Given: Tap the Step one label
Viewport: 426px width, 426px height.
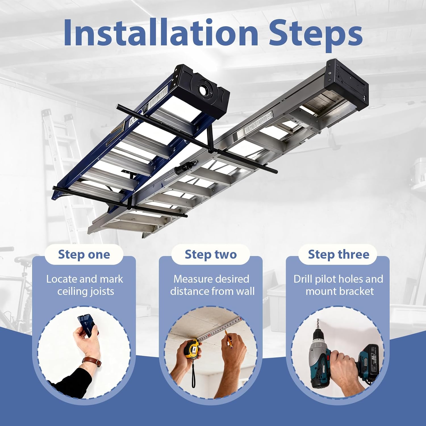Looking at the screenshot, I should [84, 254].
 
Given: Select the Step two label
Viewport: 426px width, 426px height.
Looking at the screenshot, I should [210, 254].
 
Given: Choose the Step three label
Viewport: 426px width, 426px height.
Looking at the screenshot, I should [338, 254].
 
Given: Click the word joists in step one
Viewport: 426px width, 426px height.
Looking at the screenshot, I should [101, 292].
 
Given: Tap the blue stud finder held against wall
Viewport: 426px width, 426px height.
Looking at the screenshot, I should [87, 326].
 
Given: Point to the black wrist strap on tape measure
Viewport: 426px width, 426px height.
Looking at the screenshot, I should [193, 375].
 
